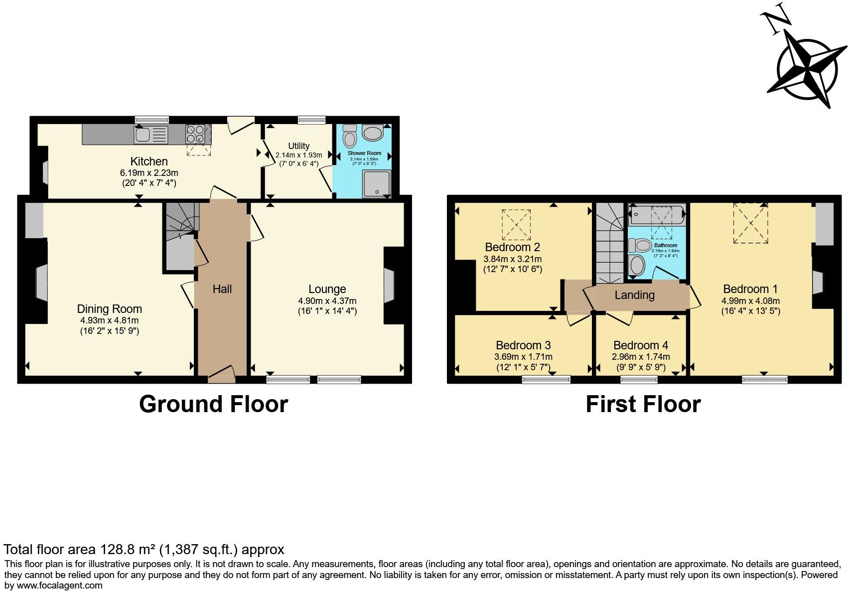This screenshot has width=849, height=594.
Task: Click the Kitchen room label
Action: click(149, 161)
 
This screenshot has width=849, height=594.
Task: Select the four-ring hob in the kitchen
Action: click(195, 134)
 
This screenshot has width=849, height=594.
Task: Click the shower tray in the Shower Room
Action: click(377, 183)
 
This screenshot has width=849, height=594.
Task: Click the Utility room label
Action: click(298, 146)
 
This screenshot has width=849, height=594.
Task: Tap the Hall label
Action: click(222, 289)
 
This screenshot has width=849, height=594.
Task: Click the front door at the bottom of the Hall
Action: click(221, 377)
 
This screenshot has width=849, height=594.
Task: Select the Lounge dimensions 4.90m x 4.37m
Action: click(327, 301)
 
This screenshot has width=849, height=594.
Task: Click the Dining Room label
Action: click(109, 309)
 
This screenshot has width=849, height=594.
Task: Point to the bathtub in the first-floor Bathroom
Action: click(656, 215)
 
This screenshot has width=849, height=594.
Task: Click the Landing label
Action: click(634, 295)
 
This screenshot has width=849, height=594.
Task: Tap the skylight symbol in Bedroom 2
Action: click(516, 224)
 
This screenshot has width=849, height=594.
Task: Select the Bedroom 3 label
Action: click(523, 345)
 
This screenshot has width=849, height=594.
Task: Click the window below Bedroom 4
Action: click(639, 380)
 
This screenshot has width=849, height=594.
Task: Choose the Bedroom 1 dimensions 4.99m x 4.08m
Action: click(750, 301)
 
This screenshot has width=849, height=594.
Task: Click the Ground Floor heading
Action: click(213, 404)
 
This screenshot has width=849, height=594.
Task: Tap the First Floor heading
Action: click(643, 404)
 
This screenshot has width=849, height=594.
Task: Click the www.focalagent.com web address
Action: click(60, 586)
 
